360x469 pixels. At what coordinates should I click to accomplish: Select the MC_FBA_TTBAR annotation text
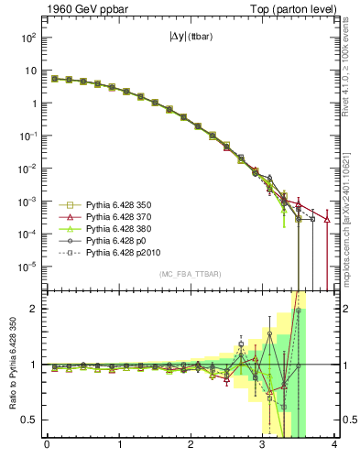[190, 275]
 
